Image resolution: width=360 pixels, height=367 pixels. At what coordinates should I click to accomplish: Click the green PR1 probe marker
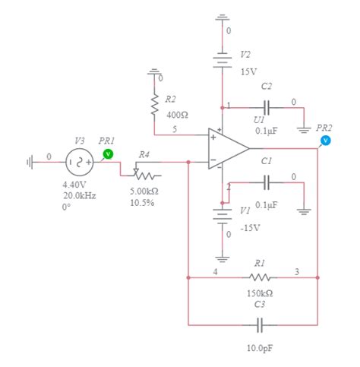pos(107,153)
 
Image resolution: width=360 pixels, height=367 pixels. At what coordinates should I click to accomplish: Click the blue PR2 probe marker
pos(326,141)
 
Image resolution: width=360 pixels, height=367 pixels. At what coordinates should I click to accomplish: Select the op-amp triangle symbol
pos(229,150)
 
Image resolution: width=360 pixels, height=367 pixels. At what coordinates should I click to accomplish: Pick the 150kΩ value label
pos(260,293)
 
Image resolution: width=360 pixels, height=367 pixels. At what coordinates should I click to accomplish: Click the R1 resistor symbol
pos(260,277)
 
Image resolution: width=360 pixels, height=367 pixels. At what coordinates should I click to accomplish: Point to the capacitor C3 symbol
pos(260,325)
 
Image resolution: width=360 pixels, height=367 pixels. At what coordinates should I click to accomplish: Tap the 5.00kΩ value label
pos(144,192)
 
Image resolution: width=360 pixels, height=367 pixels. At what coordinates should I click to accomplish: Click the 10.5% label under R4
pos(142,203)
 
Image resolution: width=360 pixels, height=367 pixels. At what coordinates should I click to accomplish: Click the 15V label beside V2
pos(248,71)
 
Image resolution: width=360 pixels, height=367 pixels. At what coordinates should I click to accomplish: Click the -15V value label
pos(249,227)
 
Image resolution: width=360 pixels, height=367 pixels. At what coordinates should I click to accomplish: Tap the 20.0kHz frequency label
pos(80,195)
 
